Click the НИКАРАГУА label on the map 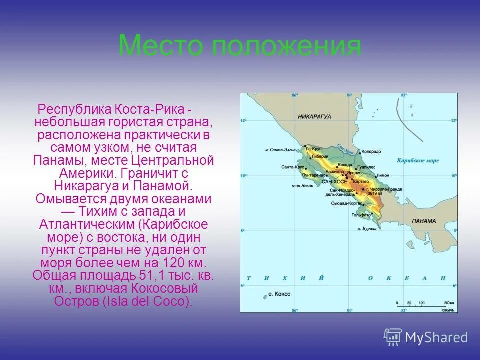pyautogui.click(x=314, y=116)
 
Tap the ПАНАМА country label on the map pyautogui.click(x=424, y=221)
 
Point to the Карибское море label pyautogui.click(x=418, y=161)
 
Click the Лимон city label pyautogui.click(x=383, y=176)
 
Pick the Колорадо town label pyautogui.click(x=371, y=151)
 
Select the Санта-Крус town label pyautogui.click(x=293, y=167)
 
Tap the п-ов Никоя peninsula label pyautogui.click(x=303, y=185)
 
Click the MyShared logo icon pyautogui.click(x=393, y=337)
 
